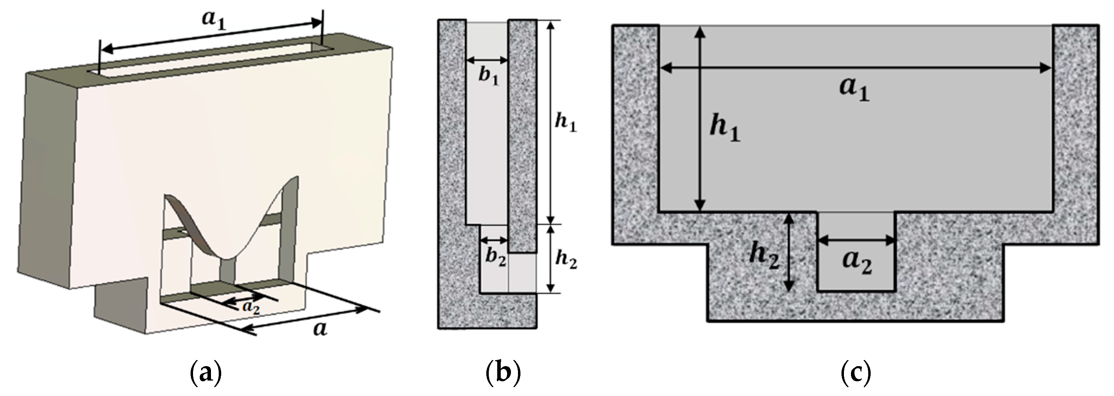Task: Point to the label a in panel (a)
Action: click(320, 330)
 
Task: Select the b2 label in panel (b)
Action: click(495, 258)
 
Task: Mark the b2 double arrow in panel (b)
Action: click(494, 240)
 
